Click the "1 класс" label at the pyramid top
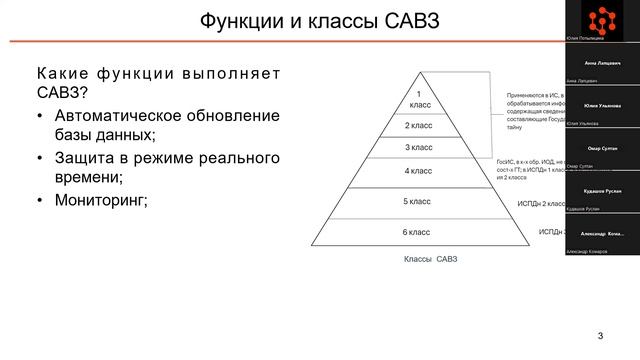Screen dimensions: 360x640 pos(421,98)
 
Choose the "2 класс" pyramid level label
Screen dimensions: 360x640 pos(420,126)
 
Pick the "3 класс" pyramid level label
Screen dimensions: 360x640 pos(420,148)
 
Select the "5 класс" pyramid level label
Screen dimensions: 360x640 pos(417,201)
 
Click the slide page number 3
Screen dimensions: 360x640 pos(601,334)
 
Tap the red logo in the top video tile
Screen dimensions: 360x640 pos(602,19)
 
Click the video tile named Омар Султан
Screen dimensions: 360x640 pos(602,147)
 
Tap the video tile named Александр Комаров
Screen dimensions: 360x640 pos(602,231)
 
